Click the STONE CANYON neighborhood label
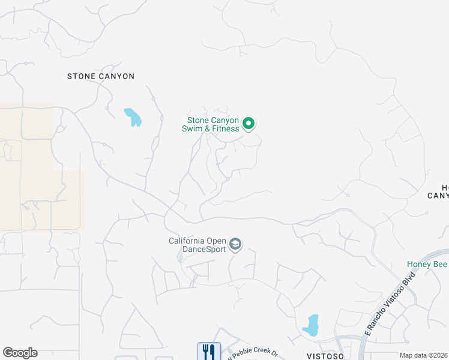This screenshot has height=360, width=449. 101,76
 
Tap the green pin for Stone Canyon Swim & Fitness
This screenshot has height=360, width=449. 249,124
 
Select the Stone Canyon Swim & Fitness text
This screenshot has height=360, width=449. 213,124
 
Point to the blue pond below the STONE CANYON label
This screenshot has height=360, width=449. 133,117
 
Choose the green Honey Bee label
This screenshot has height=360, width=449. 427,265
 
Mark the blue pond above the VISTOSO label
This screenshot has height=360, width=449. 311,325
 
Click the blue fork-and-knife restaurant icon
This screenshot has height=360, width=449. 209,352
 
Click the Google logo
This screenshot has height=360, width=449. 20,353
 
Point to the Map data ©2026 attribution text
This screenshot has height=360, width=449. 424,355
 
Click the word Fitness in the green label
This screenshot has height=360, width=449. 225,128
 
